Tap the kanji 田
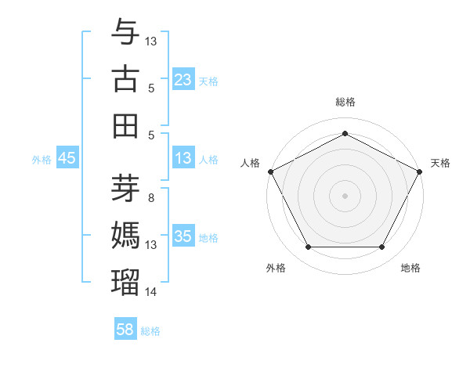click(x=125, y=124)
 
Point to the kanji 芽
click(x=125, y=188)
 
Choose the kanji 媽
click(x=125, y=236)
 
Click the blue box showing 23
click(x=183, y=80)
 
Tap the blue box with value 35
click(x=183, y=237)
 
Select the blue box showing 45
click(x=67, y=159)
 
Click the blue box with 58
click(x=125, y=330)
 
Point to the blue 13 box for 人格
click(x=183, y=159)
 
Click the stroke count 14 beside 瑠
click(x=151, y=292)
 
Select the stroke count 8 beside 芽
click(x=151, y=197)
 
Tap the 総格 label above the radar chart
click(x=345, y=103)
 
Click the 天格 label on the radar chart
click(x=440, y=163)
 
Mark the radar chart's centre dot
click(x=345, y=195)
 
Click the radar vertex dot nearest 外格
click(x=308, y=247)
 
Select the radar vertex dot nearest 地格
click(x=382, y=247)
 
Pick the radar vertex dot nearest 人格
click(x=270, y=171)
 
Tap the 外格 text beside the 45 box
click(x=42, y=160)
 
